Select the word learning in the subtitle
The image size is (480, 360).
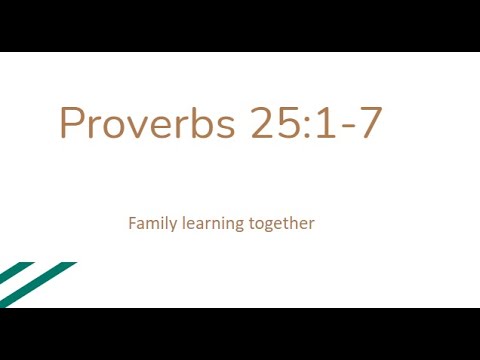pos(213,224)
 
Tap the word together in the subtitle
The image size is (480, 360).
pos(282,224)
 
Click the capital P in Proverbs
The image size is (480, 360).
pos(73,124)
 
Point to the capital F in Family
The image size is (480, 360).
pos(133,223)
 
